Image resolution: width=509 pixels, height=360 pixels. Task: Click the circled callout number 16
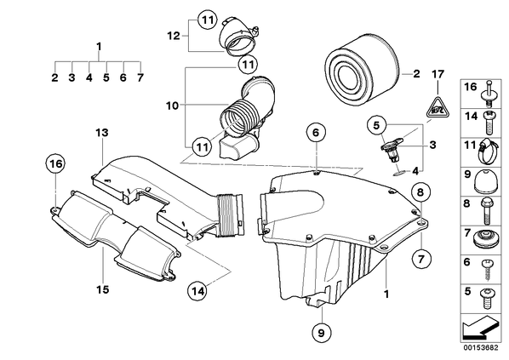click(56, 164)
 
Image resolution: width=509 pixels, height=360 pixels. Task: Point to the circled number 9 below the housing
click(320, 333)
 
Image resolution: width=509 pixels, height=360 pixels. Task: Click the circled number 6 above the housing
click(316, 133)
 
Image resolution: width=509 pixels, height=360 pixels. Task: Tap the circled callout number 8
click(420, 192)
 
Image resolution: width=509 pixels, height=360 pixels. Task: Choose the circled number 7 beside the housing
click(420, 259)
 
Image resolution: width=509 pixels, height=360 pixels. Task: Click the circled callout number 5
click(376, 125)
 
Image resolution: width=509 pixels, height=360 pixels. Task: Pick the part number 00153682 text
click(480, 348)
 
